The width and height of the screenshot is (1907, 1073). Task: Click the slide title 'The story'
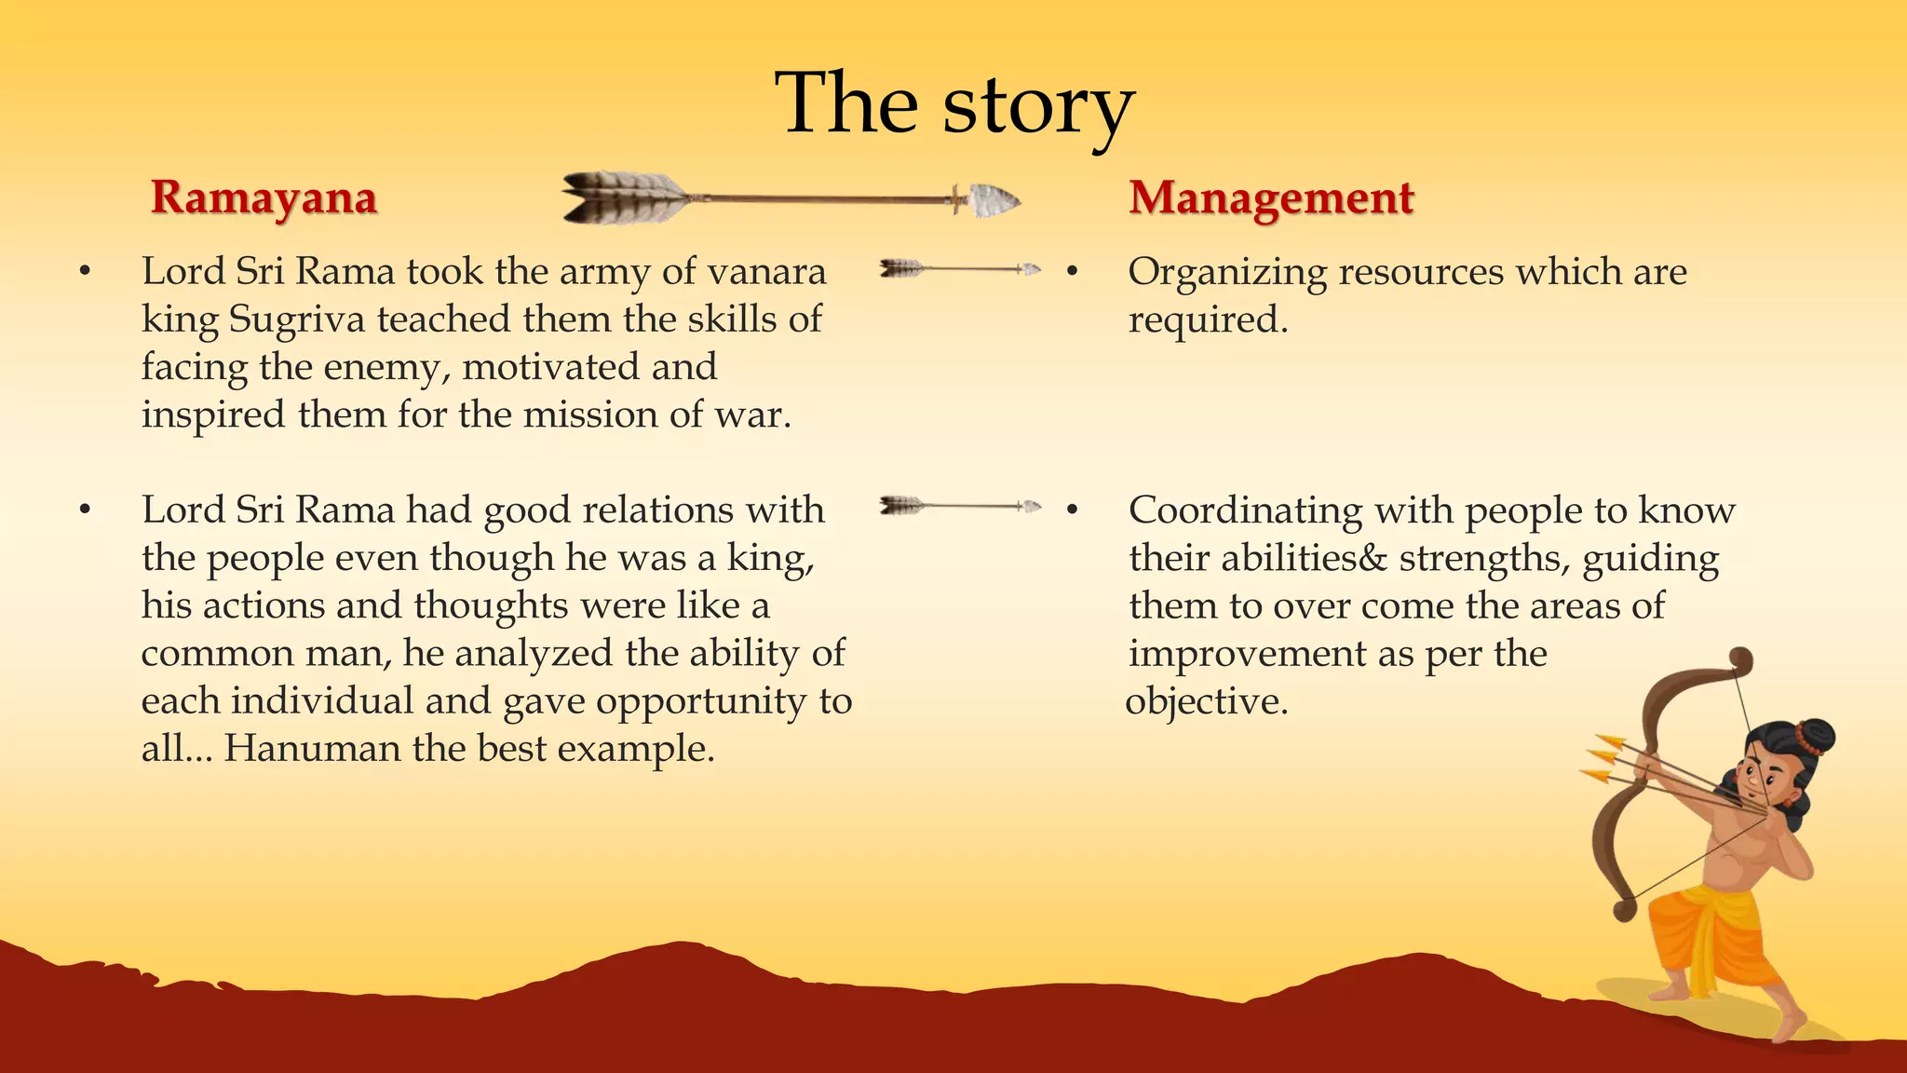pos(953,104)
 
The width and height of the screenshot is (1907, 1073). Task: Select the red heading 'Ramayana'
pos(264,197)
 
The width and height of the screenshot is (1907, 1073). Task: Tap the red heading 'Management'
pos(1271,198)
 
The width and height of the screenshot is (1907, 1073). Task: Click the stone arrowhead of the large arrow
pos(993,199)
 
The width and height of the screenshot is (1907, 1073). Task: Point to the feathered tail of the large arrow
pos(622,197)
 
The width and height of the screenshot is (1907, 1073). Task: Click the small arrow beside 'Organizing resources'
pos(960,269)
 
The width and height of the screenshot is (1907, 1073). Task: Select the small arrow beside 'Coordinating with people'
pos(960,506)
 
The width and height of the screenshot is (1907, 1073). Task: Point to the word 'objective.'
pos(1207,701)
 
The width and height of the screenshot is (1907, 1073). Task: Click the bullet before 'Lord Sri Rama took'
pos(86,272)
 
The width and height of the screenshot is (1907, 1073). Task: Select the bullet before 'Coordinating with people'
pos(1072,510)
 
